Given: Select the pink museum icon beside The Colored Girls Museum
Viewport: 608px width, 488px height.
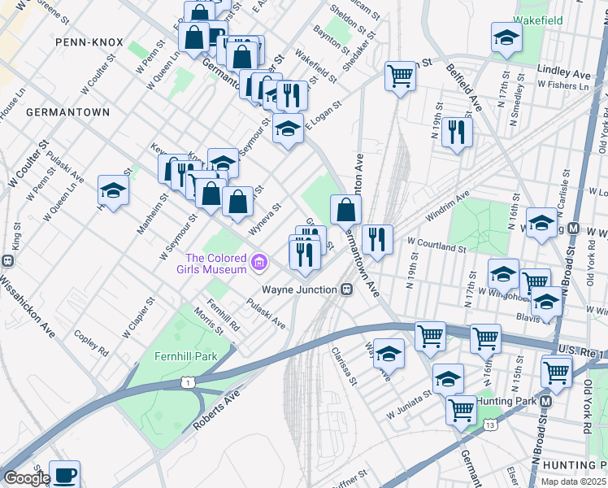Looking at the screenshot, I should (x=259, y=262).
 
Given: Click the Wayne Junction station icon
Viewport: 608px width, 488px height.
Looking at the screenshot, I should (x=347, y=289).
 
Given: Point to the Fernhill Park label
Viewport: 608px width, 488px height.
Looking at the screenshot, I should (x=186, y=356).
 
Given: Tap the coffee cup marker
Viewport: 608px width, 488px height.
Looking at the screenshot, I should (x=64, y=475).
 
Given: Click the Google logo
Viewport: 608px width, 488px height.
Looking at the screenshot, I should (x=26, y=478).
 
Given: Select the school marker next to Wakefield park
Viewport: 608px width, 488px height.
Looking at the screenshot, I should (x=506, y=37).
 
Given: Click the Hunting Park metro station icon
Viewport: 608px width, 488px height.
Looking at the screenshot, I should (x=546, y=400).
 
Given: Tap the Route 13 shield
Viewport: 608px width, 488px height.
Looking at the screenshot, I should (x=489, y=424).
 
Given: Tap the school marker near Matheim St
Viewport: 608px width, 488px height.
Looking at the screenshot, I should (x=113, y=191).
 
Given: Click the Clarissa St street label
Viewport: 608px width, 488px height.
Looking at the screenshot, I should (x=344, y=367).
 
